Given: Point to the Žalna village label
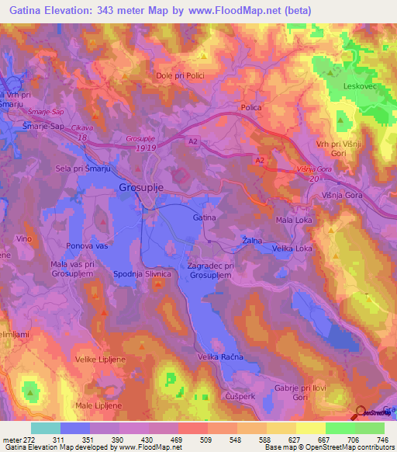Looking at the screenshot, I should coord(250,239).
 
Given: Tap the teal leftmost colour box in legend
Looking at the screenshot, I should coord(45,429).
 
